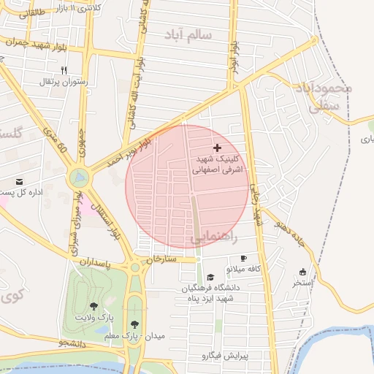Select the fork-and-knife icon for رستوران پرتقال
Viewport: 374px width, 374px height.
[x=64, y=70]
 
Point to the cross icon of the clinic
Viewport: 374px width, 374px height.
[x=217, y=148]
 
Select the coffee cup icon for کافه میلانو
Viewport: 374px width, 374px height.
[x=243, y=258]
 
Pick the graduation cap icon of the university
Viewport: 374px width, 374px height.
[x=211, y=277]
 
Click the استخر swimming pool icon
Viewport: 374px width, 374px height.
[x=302, y=272]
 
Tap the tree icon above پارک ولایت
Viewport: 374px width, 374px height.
[x=93, y=307]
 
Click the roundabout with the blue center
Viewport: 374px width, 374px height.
[x=80, y=177]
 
